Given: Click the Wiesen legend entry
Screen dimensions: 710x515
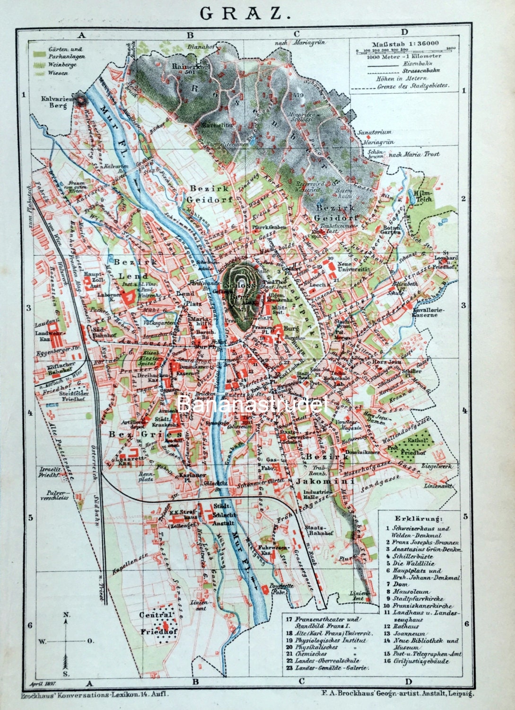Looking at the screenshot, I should point(57,74).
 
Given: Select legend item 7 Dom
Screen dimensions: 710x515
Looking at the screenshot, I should point(394,585).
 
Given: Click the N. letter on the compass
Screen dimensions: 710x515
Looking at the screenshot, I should point(66,614).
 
